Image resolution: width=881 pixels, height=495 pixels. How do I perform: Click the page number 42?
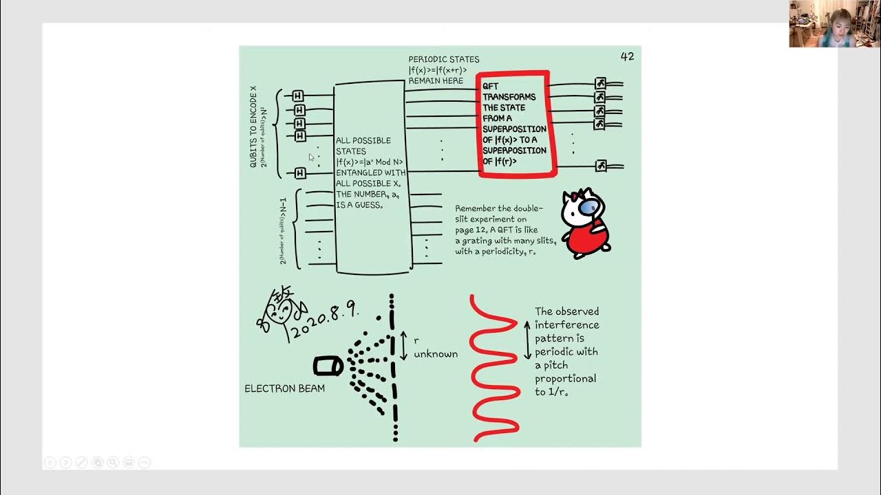coord(627,56)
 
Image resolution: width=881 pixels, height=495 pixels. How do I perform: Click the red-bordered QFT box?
coord(515,124)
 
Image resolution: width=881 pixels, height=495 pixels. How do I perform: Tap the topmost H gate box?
coord(298,96)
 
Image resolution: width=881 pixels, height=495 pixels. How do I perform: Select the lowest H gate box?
coord(300,173)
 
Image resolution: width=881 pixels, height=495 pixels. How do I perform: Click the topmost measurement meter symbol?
coord(600,84)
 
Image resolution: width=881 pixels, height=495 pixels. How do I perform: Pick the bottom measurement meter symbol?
coord(601,166)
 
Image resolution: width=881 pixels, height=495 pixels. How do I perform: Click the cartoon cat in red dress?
coord(585,223)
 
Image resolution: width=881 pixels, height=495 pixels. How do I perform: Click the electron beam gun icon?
coord(328,366)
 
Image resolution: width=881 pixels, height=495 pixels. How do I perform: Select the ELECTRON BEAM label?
coord(284,388)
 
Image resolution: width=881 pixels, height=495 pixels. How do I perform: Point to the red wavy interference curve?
coord(494,368)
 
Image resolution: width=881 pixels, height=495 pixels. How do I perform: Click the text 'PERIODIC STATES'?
coord(444,59)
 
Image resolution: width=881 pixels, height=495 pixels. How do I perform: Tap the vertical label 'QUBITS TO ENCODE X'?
coord(253,127)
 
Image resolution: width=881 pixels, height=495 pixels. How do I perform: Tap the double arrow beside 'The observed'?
coord(528,339)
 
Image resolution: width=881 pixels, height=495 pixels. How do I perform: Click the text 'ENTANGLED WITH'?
coord(370,173)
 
